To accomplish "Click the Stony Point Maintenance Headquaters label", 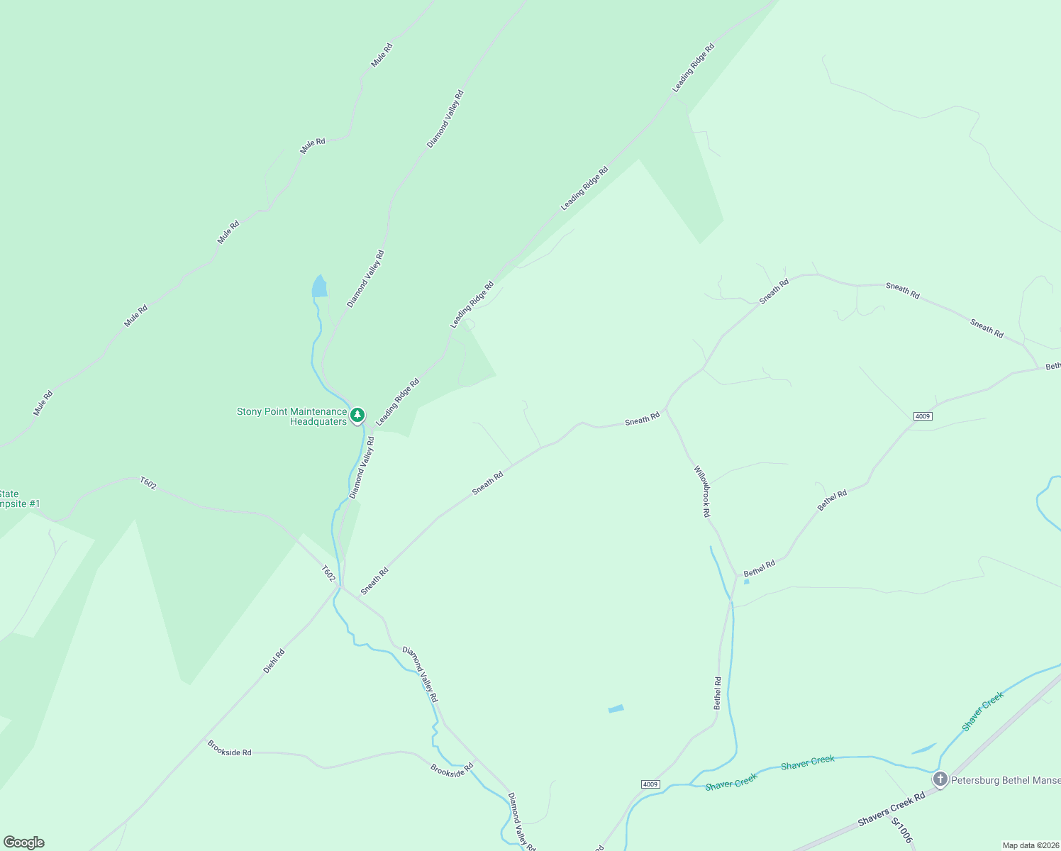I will point(292,416).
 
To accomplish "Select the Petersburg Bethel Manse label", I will point(1006,780).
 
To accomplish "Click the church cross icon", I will point(940,779).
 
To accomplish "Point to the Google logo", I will point(24,842).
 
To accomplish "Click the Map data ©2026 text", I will point(1031,845).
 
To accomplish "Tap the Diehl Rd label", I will point(274,661).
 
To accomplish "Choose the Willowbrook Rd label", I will point(701,491).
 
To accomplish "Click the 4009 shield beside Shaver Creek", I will point(650,784).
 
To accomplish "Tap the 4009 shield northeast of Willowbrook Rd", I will point(922,416).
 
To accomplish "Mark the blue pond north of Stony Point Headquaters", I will point(320,287).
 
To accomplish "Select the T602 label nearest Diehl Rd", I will point(328,573).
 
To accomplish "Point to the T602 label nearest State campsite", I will point(148,483).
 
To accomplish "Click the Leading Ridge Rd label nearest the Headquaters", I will point(397,402).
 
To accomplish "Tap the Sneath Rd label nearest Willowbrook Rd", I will point(642,420).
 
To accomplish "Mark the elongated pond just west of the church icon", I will point(923,749).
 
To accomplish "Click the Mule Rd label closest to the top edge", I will point(382,55).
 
